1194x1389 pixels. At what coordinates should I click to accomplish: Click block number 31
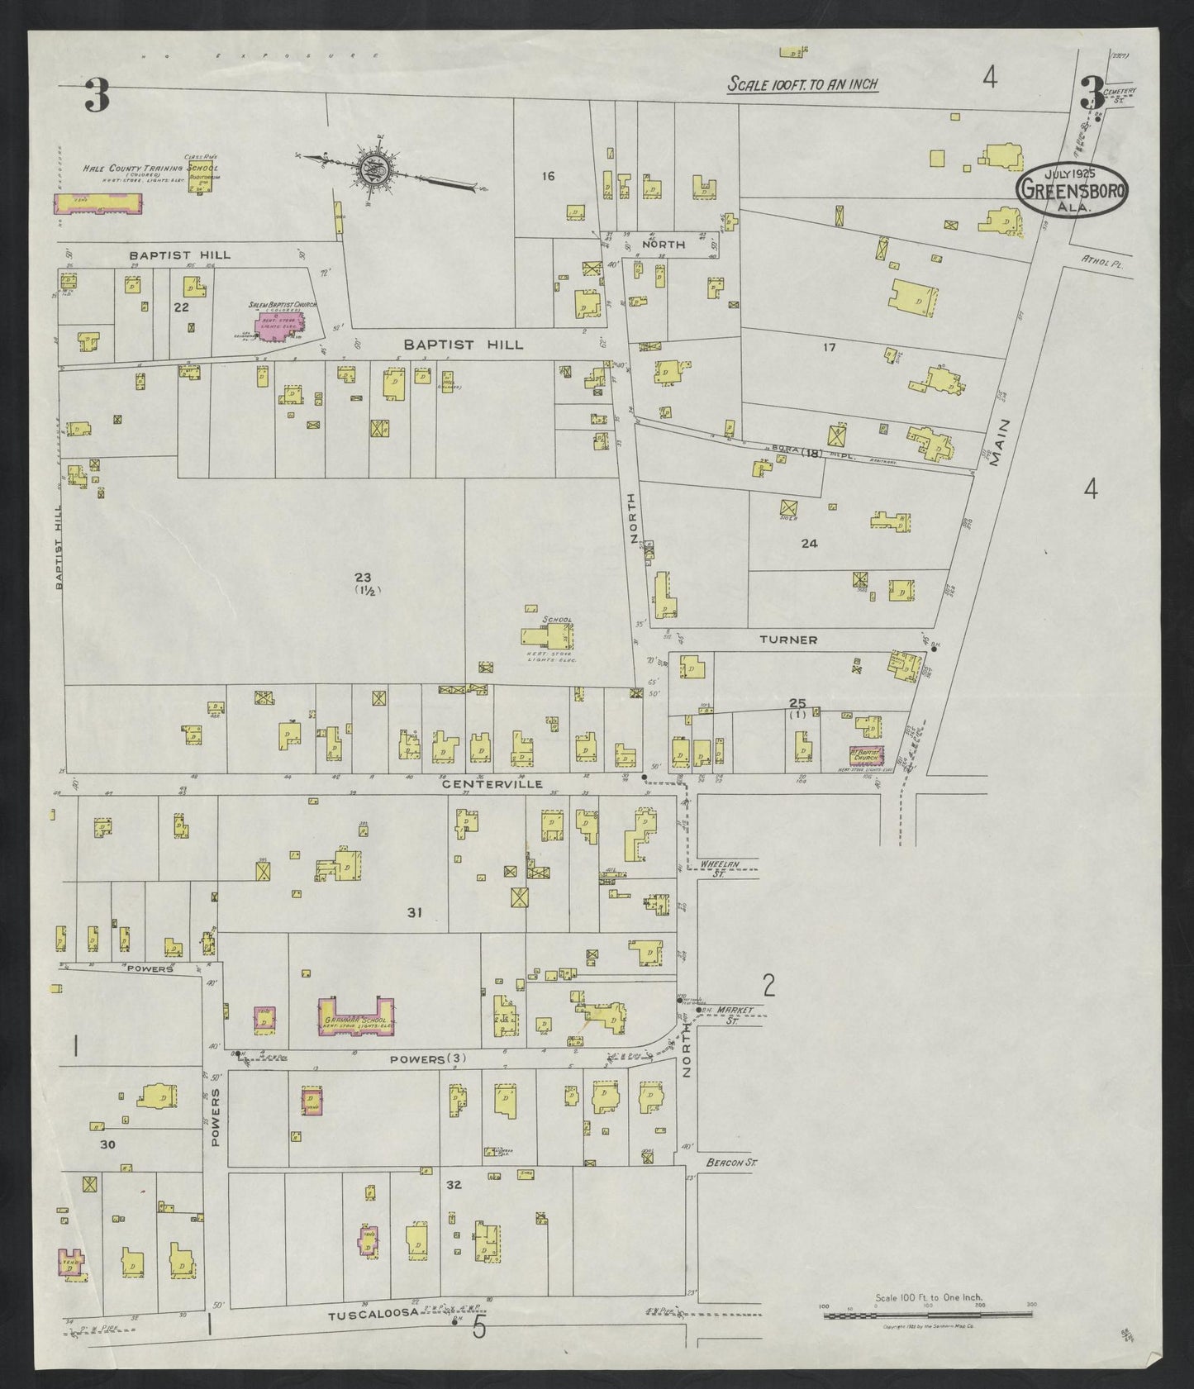(x=415, y=912)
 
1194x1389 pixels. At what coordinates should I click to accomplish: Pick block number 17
(x=829, y=347)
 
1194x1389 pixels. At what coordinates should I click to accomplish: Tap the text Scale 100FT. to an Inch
(x=802, y=84)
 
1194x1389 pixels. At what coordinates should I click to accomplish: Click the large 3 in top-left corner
(x=97, y=97)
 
